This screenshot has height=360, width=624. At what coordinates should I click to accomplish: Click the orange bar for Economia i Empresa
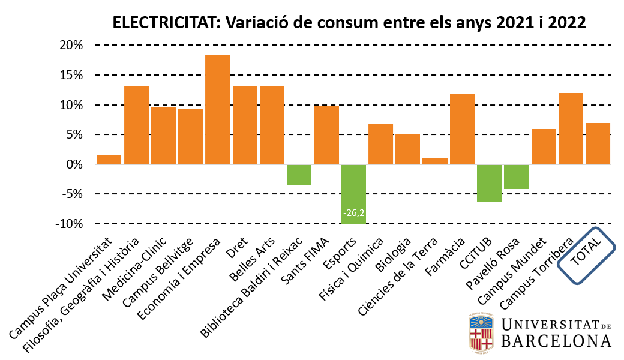click(x=217, y=110)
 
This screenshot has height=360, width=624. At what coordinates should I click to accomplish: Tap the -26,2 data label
click(x=353, y=213)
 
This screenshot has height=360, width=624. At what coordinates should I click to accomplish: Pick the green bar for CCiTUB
click(x=490, y=183)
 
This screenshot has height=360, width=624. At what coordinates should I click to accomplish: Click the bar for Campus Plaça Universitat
click(x=109, y=160)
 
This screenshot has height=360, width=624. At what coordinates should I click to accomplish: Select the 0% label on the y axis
click(x=76, y=164)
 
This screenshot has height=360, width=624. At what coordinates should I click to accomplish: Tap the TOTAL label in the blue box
click(x=587, y=255)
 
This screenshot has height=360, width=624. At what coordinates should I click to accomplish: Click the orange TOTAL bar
click(x=598, y=143)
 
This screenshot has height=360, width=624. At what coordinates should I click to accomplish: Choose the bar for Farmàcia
click(x=462, y=129)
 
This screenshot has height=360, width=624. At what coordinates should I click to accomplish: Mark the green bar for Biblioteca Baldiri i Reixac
click(x=299, y=175)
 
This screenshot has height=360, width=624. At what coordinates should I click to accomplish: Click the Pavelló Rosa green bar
click(x=517, y=177)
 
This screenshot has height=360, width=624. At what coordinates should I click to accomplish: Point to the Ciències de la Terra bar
click(x=435, y=161)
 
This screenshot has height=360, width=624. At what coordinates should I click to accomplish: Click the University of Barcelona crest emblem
click(x=481, y=331)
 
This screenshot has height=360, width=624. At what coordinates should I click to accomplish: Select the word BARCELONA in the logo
click(x=556, y=341)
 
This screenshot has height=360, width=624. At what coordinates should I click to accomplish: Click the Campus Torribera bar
click(x=571, y=128)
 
